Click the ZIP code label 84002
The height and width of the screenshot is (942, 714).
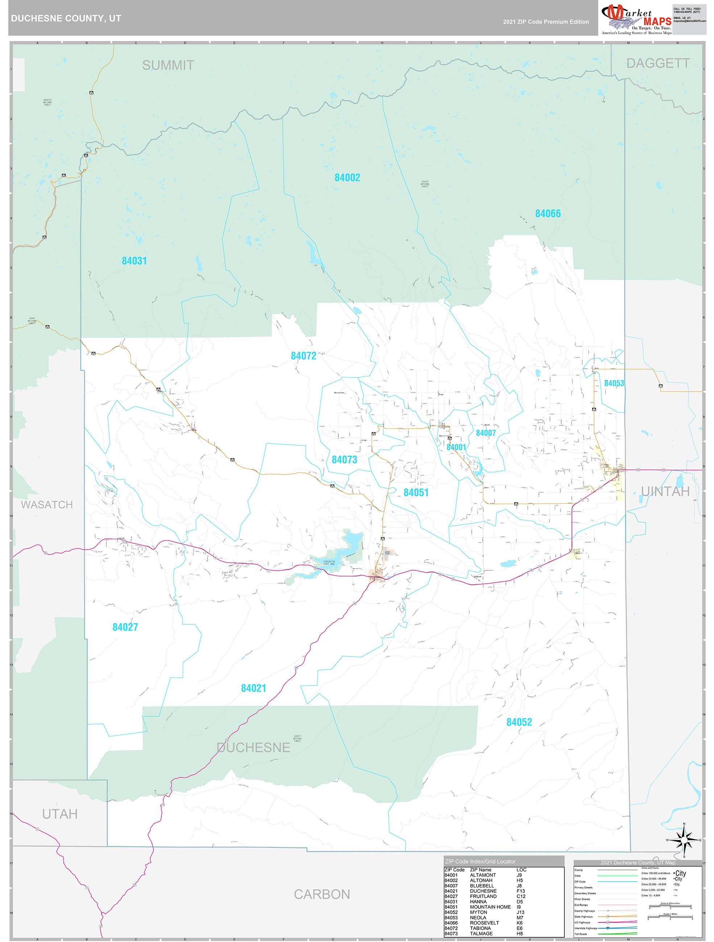pyautogui.click(x=347, y=178)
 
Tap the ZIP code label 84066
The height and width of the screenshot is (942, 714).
pyautogui.click(x=548, y=214)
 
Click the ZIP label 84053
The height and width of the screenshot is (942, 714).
pyautogui.click(x=614, y=383)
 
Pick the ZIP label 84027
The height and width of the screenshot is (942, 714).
pyautogui.click(x=125, y=627)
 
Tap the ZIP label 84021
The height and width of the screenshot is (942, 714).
pyautogui.click(x=253, y=688)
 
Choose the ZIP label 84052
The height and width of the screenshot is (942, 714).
pyautogui.click(x=519, y=722)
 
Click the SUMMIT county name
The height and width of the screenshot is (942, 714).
pyautogui.click(x=168, y=65)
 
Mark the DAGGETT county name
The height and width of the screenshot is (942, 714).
pyautogui.click(x=658, y=63)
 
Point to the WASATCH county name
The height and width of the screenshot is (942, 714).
pyautogui.click(x=47, y=505)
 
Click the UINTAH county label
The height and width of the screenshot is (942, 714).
pyautogui.click(x=665, y=491)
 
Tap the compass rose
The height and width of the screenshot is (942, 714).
pyautogui.click(x=684, y=841)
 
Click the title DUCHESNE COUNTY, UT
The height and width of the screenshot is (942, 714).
pyautogui.click(x=66, y=18)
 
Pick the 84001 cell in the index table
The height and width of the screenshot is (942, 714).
pyautogui.click(x=451, y=875)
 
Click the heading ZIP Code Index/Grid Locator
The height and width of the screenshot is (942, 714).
pyautogui.click(x=480, y=862)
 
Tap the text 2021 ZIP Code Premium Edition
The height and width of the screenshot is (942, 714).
pyautogui.click(x=546, y=22)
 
